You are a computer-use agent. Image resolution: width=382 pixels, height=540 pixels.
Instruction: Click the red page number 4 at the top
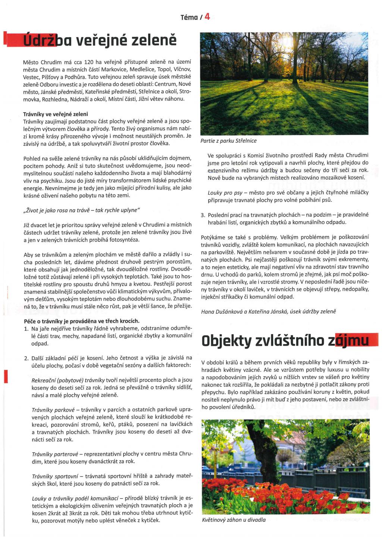click(x=207, y=16)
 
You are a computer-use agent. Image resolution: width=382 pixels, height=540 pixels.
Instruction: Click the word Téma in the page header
click(x=189, y=17)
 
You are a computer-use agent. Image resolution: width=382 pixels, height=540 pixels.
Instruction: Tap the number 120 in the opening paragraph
click(x=88, y=62)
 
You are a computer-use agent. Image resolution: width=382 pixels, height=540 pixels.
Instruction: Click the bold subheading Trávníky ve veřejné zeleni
click(x=56, y=114)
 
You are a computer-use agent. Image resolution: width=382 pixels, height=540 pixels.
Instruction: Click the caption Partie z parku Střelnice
click(x=228, y=141)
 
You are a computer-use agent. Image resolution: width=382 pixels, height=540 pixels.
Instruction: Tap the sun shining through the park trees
click(x=287, y=40)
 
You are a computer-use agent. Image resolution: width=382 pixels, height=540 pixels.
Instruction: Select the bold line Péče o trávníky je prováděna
click(x=81, y=321)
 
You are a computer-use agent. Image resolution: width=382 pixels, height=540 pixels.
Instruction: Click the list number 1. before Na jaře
click(x=26, y=329)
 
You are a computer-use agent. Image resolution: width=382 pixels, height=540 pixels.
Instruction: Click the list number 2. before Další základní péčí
click(x=26, y=358)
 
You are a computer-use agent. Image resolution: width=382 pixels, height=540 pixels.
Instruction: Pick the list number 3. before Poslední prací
click(x=203, y=215)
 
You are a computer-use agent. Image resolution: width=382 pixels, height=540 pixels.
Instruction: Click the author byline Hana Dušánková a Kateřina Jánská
click(x=269, y=311)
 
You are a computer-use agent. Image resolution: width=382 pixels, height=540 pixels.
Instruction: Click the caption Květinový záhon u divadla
click(x=234, y=520)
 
